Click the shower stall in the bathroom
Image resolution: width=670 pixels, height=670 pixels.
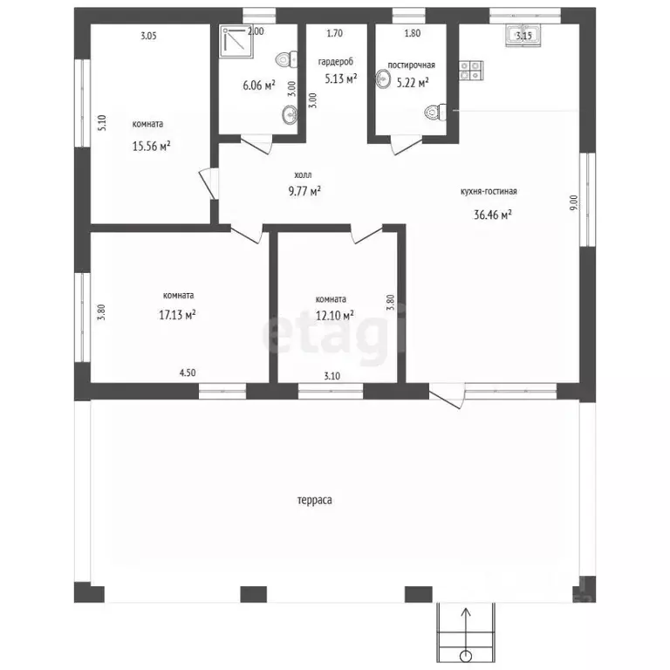[236, 42]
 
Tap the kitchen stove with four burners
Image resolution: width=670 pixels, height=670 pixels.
[471, 70]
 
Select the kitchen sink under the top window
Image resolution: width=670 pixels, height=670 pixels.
[523, 35]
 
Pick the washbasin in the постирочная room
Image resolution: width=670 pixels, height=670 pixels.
[383, 79]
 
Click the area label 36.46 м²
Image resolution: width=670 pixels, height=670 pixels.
[493, 214]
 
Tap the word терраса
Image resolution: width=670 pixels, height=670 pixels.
[314, 501]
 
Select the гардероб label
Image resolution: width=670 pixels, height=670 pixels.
[336, 62]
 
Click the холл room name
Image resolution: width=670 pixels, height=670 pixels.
[303, 174]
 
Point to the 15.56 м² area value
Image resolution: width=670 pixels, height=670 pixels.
[151, 147]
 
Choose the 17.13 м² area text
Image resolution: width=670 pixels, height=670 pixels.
[177, 315]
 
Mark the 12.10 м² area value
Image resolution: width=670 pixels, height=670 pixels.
[335, 315]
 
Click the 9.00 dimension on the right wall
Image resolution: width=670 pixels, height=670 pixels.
[574, 202]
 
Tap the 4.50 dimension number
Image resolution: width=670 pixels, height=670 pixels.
[188, 373]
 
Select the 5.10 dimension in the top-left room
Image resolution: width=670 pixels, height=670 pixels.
[102, 123]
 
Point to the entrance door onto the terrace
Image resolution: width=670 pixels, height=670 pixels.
[447, 396]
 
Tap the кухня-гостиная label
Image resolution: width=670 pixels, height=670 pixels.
[489, 191]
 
